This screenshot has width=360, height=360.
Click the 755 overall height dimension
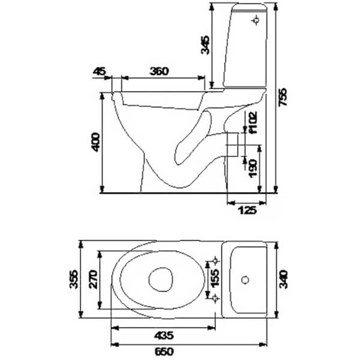[x=283, y=97]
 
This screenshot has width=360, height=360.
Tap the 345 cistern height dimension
[x=205, y=45]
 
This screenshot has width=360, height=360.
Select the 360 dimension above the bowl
[x=159, y=71]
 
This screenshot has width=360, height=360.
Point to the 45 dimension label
[x=99, y=71]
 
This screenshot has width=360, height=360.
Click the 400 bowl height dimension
[x=95, y=142]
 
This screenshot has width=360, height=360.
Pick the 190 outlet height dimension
[x=253, y=169]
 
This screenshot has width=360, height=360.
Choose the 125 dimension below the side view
[x=248, y=210]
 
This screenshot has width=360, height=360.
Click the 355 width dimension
[x=74, y=279]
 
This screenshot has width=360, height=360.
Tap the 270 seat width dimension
[x=93, y=280]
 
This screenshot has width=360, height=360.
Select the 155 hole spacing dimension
[x=215, y=278]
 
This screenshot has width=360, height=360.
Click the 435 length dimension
[x=164, y=336]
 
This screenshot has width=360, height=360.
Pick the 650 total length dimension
[x=164, y=352]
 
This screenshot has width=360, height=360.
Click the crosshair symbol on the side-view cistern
[x=256, y=20]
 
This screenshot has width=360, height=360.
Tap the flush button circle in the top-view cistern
[x=245, y=280]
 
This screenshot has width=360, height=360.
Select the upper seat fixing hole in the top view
[x=215, y=261]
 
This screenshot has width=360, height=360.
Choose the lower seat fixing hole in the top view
[x=215, y=298]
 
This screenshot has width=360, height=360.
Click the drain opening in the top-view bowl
[x=161, y=280]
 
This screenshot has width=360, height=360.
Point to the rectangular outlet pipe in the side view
[x=232, y=145]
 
